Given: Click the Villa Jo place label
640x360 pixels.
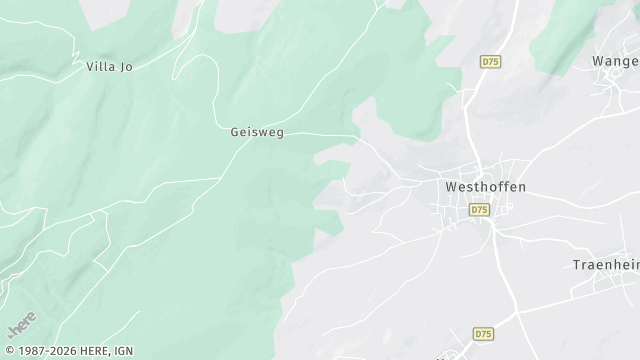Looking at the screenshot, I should tap(110, 67).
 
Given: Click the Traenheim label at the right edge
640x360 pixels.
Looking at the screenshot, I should tap(605, 265).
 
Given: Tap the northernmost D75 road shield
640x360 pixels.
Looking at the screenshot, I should tap(490, 62).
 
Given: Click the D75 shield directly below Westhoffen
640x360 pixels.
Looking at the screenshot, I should tap(479, 210).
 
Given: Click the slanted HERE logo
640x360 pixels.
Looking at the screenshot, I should tap(20, 327).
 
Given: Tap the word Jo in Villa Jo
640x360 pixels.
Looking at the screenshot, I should tap(126, 67).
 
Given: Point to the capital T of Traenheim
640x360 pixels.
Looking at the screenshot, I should tap(575, 265).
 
